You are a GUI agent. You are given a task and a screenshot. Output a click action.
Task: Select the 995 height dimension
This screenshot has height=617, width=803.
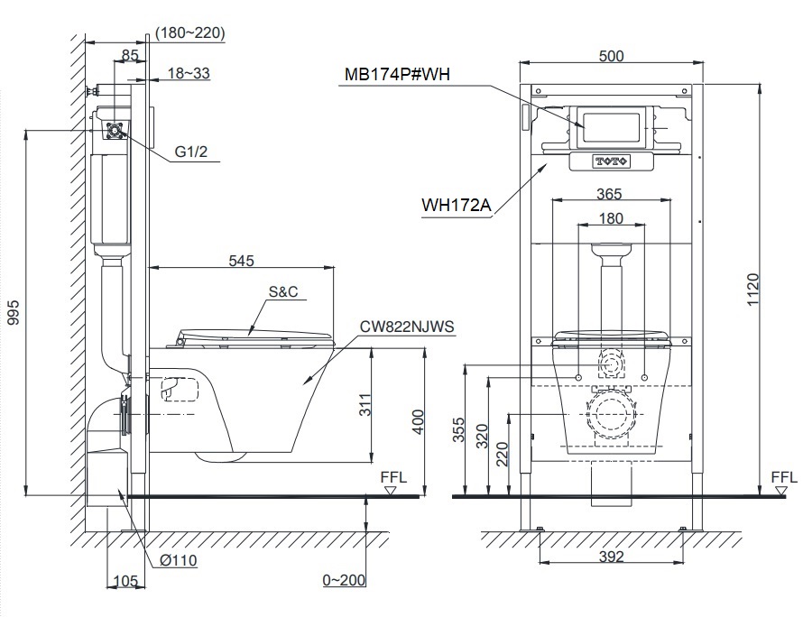coord(13,311)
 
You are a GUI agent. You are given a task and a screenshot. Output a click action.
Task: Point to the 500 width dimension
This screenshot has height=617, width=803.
coord(611,56)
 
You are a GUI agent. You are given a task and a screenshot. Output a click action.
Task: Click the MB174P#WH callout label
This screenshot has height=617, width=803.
coord(397,75)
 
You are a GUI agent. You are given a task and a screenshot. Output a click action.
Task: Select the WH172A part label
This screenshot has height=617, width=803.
coord(456,206)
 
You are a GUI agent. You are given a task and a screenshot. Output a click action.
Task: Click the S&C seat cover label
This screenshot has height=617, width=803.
coord(282,292)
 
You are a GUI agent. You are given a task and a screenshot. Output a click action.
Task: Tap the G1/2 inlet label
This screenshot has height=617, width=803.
coord(191,152)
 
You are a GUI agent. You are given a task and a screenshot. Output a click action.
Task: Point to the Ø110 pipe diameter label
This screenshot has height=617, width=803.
coord(179,560)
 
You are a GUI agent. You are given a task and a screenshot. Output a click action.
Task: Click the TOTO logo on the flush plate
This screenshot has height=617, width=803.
coord(611,161)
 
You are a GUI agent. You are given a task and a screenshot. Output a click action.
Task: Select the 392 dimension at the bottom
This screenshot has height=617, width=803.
coord(611,557)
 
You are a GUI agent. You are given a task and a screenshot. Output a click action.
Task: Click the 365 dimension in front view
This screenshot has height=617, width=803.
coord(611,193)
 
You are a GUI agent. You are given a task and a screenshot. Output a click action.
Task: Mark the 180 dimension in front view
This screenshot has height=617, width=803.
coord(611,218)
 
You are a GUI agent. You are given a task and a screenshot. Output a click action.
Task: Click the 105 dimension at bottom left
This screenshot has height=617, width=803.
coord(125,581)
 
